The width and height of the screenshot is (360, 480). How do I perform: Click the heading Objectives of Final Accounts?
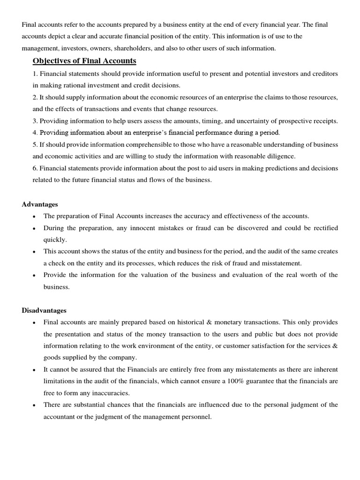click(x=84, y=61)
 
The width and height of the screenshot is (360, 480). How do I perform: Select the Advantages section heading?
click(x=40, y=204)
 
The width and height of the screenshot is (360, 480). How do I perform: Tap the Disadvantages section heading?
click(x=44, y=310)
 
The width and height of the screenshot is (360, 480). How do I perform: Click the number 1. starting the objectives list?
click(x=35, y=74)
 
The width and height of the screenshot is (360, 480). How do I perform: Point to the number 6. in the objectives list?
click(x=35, y=168)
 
